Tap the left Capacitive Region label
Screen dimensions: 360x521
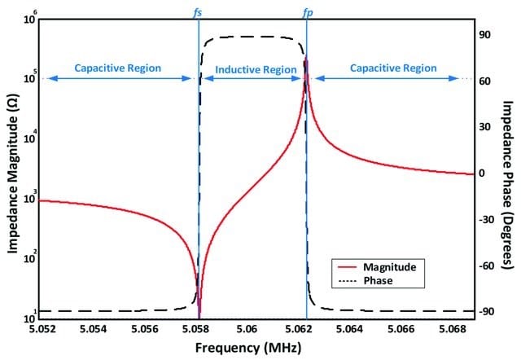[118, 68]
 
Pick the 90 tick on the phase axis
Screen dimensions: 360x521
[482, 36]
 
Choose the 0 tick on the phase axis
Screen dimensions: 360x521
[482, 173]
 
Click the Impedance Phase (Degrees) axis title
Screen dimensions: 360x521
[507, 173]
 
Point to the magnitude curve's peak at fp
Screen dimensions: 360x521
[306, 59]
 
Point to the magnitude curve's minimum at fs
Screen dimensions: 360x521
[199, 314]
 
